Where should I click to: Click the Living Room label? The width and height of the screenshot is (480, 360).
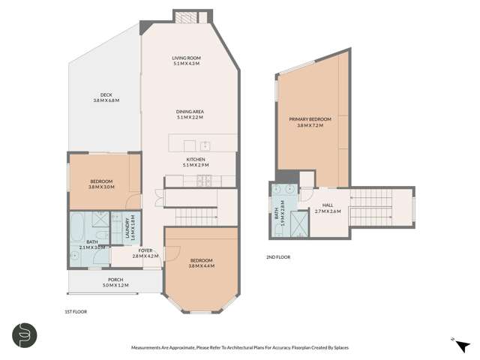pos(187,61)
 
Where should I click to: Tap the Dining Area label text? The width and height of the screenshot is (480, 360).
pos(190,115)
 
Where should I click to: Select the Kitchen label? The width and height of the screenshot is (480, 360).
pos(195,162)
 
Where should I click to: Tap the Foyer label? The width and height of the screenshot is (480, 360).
pos(145,253)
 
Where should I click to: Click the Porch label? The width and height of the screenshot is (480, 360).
pos(115,282)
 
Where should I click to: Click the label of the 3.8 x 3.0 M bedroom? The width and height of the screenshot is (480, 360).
pos(101,184)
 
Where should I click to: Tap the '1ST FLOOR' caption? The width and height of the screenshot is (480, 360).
pos(76,310)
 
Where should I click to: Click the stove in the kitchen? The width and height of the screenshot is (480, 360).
pos(204,179)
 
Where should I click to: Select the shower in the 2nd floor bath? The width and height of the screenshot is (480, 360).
pos(300,223)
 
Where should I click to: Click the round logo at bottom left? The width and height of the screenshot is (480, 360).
pos(25,334)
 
